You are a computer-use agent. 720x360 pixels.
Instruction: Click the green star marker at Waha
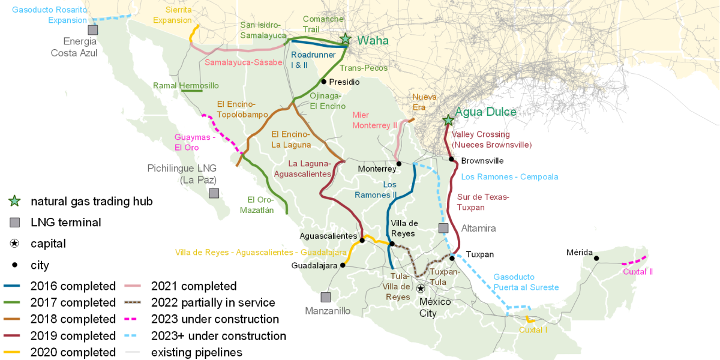click(345, 39)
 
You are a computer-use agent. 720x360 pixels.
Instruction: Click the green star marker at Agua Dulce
click(448, 120)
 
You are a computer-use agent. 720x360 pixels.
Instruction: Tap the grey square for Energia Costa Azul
click(92, 29)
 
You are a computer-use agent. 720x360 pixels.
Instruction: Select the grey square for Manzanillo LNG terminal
click(325, 296)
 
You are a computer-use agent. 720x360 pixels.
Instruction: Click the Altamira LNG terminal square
click(443, 228)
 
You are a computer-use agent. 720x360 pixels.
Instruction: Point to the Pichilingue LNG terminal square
click(214, 193)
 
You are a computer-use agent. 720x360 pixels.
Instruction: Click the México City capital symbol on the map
click(421, 289)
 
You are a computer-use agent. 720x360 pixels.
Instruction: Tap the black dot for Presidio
click(323, 82)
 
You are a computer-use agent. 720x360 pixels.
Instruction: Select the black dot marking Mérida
click(596, 258)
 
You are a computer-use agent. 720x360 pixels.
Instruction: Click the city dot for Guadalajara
click(343, 265)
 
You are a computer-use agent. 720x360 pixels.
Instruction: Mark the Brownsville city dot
click(451, 159)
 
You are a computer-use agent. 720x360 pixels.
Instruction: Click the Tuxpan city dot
click(452, 258)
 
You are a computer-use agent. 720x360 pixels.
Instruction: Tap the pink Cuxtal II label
click(637, 272)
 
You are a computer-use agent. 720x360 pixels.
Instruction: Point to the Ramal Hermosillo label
click(186, 86)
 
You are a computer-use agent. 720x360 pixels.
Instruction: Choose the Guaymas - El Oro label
click(195, 142)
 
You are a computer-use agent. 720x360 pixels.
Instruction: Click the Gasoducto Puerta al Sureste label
click(526, 282)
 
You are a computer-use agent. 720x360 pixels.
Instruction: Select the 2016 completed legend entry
click(59, 286)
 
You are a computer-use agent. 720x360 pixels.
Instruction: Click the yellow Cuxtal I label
click(533, 329)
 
